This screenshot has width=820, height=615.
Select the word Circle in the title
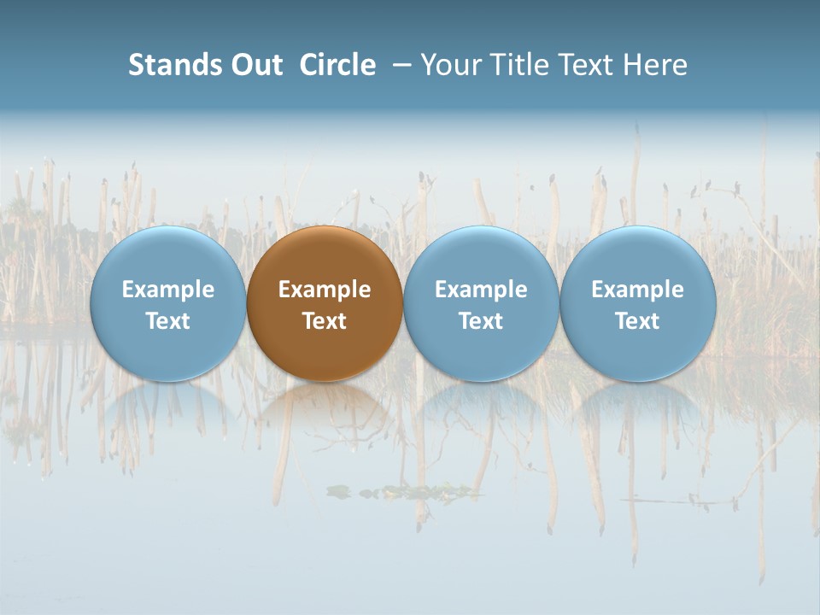(337, 65)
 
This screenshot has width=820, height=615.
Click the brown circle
(325, 256)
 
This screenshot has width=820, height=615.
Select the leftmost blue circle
(167, 256)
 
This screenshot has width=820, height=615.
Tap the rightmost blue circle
(638, 256)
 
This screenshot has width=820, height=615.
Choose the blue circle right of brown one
(481, 256)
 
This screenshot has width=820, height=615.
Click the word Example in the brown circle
(325, 290)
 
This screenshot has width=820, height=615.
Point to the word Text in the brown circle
(325, 321)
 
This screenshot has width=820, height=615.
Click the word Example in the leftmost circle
(167, 290)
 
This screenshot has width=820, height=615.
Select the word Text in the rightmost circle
(638, 321)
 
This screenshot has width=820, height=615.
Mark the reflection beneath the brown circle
(325, 406)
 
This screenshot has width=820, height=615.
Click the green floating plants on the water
(401, 491)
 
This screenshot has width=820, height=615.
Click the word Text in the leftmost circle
(167, 321)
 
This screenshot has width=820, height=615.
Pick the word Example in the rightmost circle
(638, 290)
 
